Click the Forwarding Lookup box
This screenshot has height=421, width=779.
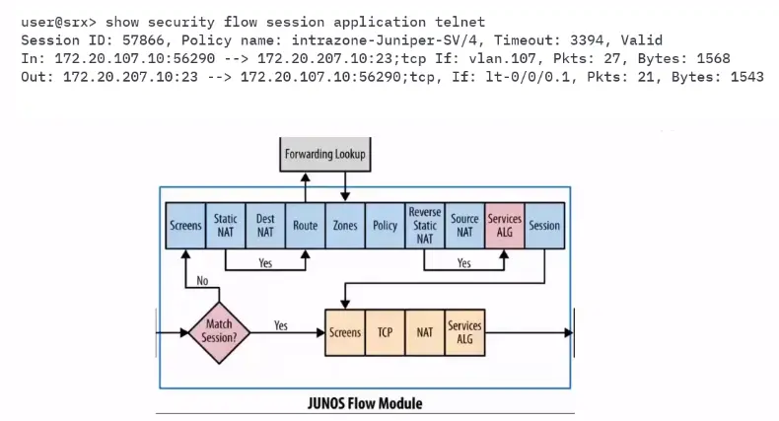325,155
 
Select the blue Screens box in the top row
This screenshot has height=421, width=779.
185,226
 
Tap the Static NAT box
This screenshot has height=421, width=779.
226,226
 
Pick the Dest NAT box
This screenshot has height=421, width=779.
265,226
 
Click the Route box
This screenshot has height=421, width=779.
306,226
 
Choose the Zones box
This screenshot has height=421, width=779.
345,226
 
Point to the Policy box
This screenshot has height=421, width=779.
385,226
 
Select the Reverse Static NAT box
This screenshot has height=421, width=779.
425,226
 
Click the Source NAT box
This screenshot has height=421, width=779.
465,226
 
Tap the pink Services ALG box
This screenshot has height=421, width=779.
505,226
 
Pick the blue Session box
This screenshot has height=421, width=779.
544,226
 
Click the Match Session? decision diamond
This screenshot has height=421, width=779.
219,332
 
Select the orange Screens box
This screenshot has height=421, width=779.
345,332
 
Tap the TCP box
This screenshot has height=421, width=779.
385,332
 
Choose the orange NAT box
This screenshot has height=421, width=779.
425,332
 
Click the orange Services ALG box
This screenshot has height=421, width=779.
465,332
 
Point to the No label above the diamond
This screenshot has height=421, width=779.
202,281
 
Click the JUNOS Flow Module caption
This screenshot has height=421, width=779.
365,403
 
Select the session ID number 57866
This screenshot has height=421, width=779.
143,40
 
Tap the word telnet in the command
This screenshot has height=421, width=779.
460,22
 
